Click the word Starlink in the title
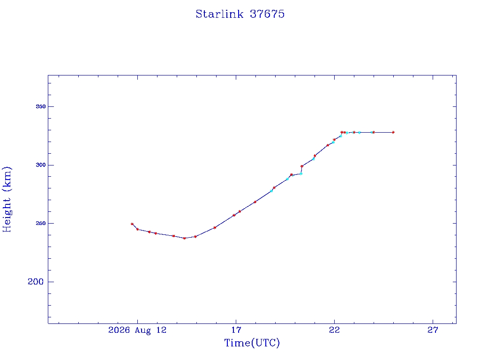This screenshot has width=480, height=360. pyautogui.click(x=219, y=14)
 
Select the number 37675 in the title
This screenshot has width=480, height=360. pyautogui.click(x=267, y=14)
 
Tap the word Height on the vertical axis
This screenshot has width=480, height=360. pyautogui.click(x=7, y=215)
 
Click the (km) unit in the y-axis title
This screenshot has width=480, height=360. pyautogui.click(x=7, y=179)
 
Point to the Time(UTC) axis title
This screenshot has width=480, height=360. pyautogui.click(x=252, y=343)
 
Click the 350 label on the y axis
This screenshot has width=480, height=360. pyautogui.click(x=41, y=106)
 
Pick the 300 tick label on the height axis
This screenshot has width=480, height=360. pyautogui.click(x=41, y=165)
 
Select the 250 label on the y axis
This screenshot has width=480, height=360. pyautogui.click(x=41, y=223)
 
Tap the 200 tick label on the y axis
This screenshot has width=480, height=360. pyautogui.click(x=36, y=282)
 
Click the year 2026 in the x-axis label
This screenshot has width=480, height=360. pyautogui.click(x=119, y=330)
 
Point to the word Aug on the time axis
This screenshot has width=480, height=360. pyautogui.click(x=142, y=330)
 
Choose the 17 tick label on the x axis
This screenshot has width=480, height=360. pyautogui.click(x=236, y=330)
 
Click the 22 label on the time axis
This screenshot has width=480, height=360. pyautogui.click(x=334, y=330)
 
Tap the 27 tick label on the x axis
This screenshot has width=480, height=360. pyautogui.click(x=433, y=330)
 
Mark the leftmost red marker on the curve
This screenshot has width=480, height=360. pyautogui.click(x=132, y=224)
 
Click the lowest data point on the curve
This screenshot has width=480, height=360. pyautogui.click(x=184, y=238)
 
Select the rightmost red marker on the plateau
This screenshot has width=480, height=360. pyautogui.click(x=393, y=132)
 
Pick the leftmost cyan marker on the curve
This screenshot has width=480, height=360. pyautogui.click(x=271, y=191)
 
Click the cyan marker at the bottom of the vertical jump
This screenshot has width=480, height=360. pyautogui.click(x=301, y=173)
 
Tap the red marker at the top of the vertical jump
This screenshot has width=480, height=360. pyautogui.click(x=302, y=166)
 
